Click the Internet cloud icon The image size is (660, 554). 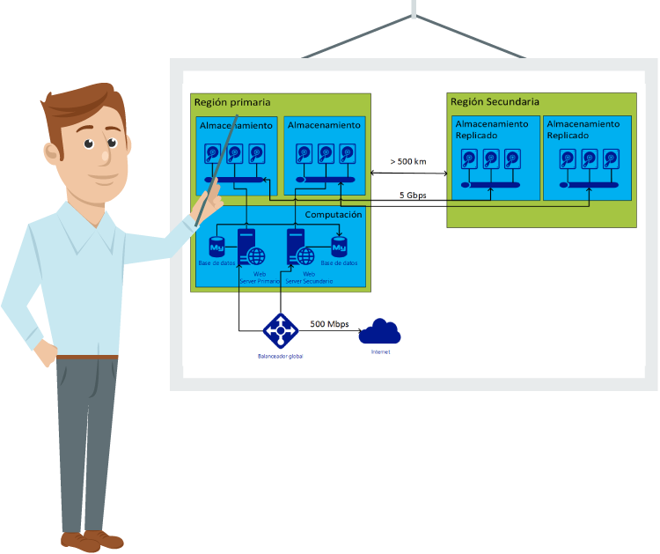pos(380,331)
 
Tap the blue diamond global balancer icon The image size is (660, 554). pos(281,330)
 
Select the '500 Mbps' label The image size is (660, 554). pos(329,324)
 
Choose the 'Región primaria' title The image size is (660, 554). pos(231,103)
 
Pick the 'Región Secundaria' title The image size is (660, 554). pos(495,101)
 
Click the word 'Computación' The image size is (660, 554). pos(334,215)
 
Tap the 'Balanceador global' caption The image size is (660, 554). pos(281,356)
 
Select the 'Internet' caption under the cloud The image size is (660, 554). pos(380,351)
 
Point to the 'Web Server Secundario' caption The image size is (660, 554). pos(308,277)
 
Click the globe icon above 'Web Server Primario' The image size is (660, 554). pos(256,256)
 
